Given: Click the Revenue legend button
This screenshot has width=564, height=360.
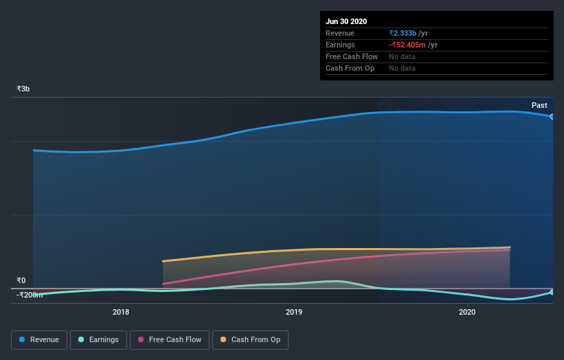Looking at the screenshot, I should coord(39,339).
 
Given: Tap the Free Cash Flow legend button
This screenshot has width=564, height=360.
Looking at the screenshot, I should coord(170,339).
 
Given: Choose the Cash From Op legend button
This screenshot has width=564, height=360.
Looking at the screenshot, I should coord(250,339).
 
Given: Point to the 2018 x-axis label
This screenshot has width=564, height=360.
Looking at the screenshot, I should coord(121,312).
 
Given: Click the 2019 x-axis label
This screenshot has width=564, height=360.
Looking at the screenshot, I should coord(294,312).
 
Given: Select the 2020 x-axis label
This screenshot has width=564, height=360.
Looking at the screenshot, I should coord(467,312).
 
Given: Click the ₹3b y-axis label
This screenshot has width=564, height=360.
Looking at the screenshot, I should coord(23,89).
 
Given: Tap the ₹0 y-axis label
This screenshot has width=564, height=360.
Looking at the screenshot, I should coord(21,280).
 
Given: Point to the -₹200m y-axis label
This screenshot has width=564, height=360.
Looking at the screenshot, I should coord(30,295).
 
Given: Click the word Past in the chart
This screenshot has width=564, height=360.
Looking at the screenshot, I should coord(539,105).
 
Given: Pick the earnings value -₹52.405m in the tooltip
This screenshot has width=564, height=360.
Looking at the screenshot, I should coord(407,45).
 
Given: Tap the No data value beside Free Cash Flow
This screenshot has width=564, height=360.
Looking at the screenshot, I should coord(402,56).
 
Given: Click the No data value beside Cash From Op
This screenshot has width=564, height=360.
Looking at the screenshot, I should coord(402,68).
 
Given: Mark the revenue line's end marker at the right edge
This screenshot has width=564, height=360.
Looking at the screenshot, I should coord(552,116).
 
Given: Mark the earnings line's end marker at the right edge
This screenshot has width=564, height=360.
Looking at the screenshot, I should coord(552,292).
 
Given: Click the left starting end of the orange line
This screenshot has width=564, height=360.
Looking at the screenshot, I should coord(163,261).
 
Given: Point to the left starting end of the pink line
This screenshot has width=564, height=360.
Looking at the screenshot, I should coord(163,284).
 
